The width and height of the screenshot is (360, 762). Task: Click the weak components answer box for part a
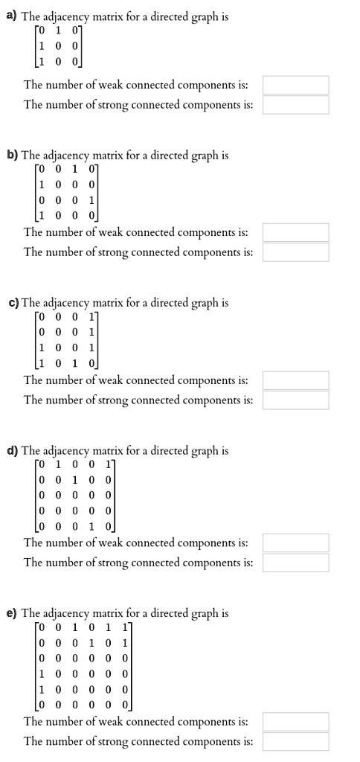[x=295, y=85]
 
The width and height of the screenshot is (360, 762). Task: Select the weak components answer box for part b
[x=295, y=233]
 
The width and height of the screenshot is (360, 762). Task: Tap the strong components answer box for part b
[x=295, y=252]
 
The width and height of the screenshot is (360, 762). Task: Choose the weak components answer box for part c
[x=295, y=381]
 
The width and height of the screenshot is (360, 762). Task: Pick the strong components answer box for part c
[x=295, y=400]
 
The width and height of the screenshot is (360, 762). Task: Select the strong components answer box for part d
[x=295, y=563]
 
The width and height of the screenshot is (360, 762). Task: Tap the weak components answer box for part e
[x=295, y=722]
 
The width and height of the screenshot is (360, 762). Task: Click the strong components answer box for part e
[x=295, y=741]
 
